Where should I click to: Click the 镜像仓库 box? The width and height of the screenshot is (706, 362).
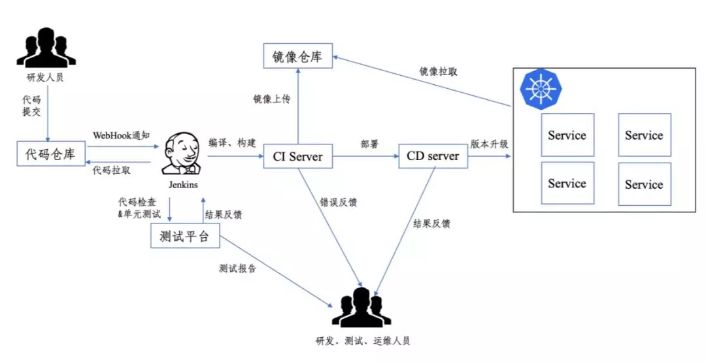(x=297, y=57)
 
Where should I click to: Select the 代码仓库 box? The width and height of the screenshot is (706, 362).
(x=51, y=157)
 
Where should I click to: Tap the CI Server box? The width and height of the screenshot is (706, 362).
(x=298, y=157)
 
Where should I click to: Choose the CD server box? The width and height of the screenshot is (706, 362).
(x=433, y=157)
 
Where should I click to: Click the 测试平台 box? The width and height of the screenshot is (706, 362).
(x=185, y=237)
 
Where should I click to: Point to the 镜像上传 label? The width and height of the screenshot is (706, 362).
(x=271, y=99)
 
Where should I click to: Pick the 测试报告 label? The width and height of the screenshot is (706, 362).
(x=238, y=269)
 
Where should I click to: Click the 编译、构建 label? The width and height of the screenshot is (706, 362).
(x=231, y=142)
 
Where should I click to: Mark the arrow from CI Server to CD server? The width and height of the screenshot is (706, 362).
(x=365, y=157)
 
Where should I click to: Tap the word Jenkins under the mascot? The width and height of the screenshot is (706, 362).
(x=183, y=185)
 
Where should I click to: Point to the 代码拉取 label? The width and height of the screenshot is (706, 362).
(x=111, y=170)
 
